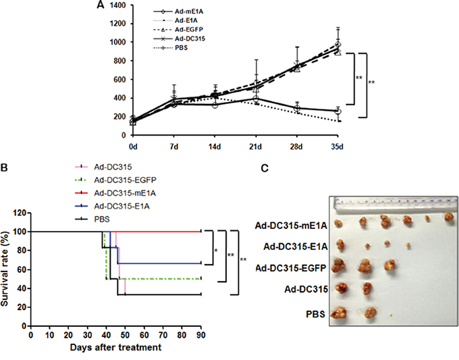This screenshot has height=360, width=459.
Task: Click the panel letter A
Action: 100,5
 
